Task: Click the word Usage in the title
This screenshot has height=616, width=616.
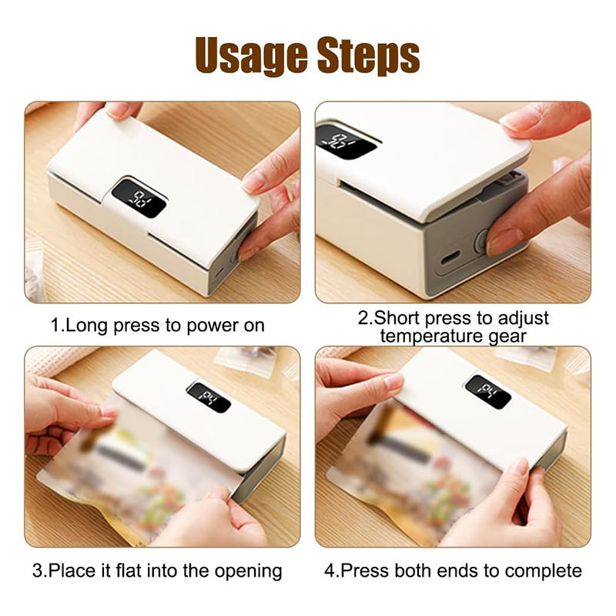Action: click(x=251, y=55)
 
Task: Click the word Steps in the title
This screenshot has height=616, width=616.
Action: click(x=369, y=55)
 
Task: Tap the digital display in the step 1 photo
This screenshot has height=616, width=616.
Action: click(x=139, y=198)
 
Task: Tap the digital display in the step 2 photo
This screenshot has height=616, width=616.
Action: click(x=346, y=141)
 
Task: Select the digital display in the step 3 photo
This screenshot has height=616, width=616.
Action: click(x=208, y=397)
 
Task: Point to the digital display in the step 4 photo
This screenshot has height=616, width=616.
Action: click(x=488, y=391)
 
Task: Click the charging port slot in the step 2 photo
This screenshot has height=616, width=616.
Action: click(x=450, y=259)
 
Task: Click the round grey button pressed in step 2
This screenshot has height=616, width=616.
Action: click(x=480, y=241)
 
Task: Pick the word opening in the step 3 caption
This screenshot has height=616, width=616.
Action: click(x=248, y=571)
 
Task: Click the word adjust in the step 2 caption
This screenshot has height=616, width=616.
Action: click(x=524, y=319)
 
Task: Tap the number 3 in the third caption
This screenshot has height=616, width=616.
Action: click(x=37, y=571)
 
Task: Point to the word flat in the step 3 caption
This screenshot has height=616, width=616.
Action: click(x=125, y=571)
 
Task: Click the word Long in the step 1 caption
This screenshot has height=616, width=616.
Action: click(x=85, y=326)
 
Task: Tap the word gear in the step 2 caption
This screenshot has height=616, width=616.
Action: click(x=507, y=337)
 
